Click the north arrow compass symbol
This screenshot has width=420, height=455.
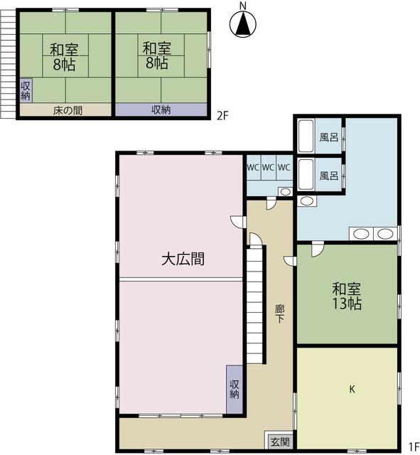pos(243,26)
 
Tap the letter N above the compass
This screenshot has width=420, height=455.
pos(243,6)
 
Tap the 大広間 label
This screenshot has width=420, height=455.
pos(183,259)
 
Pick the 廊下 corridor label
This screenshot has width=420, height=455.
pos(280,314)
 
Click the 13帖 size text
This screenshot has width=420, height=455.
pos(347,304)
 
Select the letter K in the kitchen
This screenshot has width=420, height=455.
pos(351,389)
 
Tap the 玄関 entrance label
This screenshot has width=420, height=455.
pos(279,441)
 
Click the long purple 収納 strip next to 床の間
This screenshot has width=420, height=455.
pos(161,110)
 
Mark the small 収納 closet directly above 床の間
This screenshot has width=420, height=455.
pos(26,90)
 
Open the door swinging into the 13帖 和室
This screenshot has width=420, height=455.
pos(317,249)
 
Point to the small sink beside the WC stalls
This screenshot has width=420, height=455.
pos(284,191)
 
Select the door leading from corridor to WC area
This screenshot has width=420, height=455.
pos(270,203)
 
